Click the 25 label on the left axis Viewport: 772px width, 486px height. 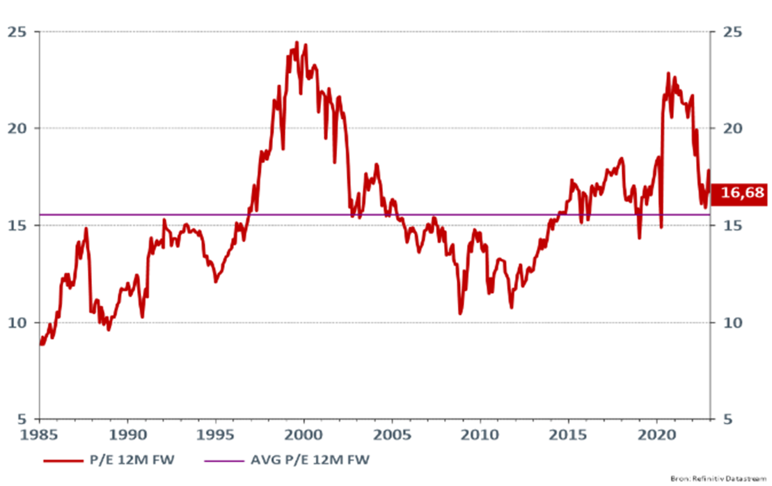click(x=17, y=32)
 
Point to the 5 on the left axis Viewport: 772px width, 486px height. click(x=22, y=419)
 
